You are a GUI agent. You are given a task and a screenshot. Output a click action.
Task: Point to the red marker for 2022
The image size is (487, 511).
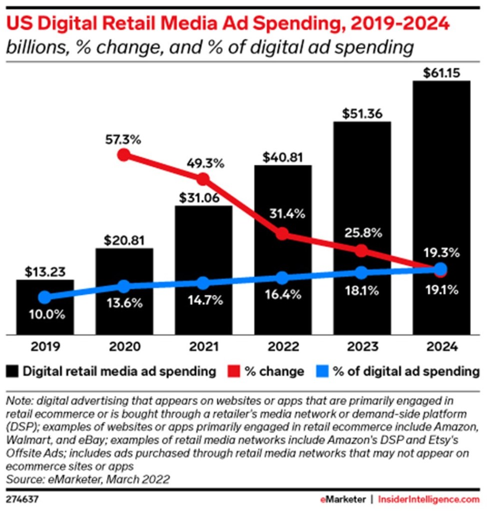(x=282, y=234)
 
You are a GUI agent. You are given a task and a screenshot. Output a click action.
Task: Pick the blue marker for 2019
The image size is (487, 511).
(x=45, y=297)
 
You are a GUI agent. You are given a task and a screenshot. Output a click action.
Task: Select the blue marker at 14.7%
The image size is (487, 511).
(x=203, y=283)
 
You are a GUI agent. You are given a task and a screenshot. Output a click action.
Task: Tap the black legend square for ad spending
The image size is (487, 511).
(x=13, y=371)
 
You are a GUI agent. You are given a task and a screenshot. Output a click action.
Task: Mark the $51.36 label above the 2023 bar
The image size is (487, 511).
(x=362, y=114)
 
